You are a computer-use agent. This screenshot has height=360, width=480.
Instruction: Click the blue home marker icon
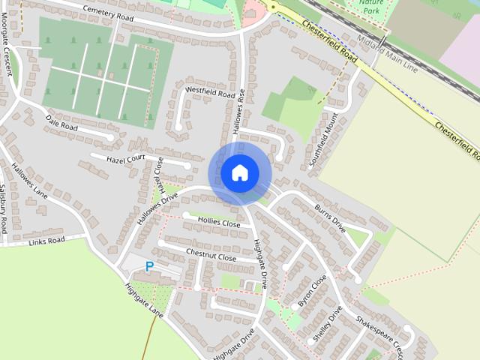click(239, 172)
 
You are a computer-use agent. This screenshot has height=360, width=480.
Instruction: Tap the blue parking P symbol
click(149, 266)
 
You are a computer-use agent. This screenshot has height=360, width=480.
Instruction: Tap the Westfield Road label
click(210, 92)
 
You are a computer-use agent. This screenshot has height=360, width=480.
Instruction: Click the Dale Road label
click(61, 122)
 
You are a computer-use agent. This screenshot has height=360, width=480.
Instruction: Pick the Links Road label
click(46, 241)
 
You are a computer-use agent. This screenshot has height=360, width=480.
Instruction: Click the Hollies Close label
click(220, 223)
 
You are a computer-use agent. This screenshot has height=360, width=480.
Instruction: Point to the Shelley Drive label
click(327, 323)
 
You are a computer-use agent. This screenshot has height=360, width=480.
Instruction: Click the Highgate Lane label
click(145, 301)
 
